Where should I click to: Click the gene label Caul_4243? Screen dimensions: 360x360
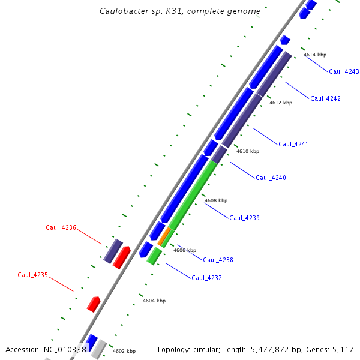coord(344,71)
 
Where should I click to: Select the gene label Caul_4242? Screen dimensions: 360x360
coord(325,98)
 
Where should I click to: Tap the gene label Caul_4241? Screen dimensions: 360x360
coord(293,144)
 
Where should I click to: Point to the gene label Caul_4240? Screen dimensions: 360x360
coord(271,178)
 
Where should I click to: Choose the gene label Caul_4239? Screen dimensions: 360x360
coord(244,218)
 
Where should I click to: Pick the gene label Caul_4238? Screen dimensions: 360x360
coord(218,260)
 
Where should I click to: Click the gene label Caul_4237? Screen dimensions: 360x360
coord(206,278)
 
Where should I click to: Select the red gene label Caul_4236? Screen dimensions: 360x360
coord(61,227)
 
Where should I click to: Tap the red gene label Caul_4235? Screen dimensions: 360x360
coord(32,275)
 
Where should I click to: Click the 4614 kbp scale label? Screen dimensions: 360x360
coord(315,55)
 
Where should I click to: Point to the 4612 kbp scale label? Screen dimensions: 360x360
coord(281,103)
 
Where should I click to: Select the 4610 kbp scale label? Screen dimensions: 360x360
coord(248,151)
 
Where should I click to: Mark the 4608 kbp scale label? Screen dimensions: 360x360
coord(216,200)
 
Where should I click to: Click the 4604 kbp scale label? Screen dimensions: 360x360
coord(154,301)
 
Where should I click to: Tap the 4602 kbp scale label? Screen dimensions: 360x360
coord(124,351)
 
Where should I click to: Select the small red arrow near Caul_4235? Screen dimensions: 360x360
coord(93,304)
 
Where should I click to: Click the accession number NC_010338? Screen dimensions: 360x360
coord(65,349)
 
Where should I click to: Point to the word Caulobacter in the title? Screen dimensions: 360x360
coord(125,11)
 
